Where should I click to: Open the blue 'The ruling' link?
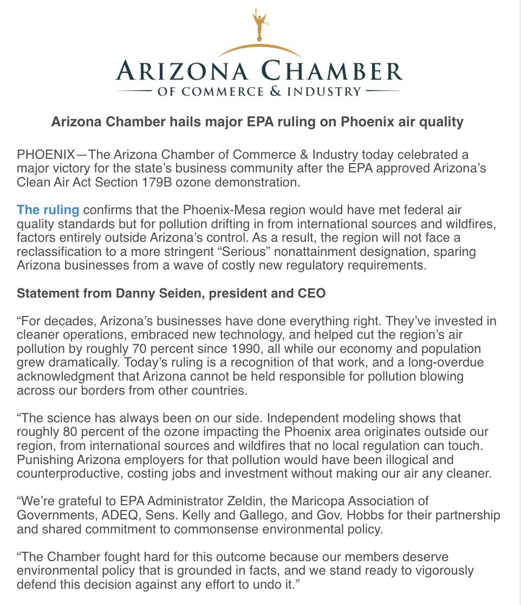[x=48, y=209]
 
